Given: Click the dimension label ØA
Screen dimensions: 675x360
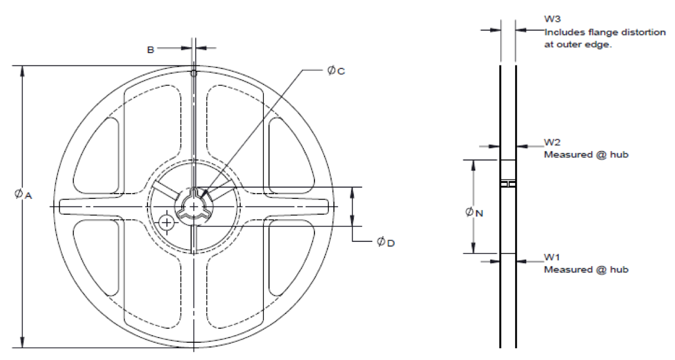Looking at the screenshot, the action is (23, 195).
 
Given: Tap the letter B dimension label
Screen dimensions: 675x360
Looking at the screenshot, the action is (150, 50).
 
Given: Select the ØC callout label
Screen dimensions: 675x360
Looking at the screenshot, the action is (336, 71).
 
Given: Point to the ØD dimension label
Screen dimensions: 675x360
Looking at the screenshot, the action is (386, 243).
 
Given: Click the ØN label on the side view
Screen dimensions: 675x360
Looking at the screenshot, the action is (474, 212).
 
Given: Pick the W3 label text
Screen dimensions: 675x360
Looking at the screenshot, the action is (553, 19).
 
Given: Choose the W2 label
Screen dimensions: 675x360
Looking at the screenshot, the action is (552, 142).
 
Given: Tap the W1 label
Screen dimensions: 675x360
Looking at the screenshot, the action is (552, 257).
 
